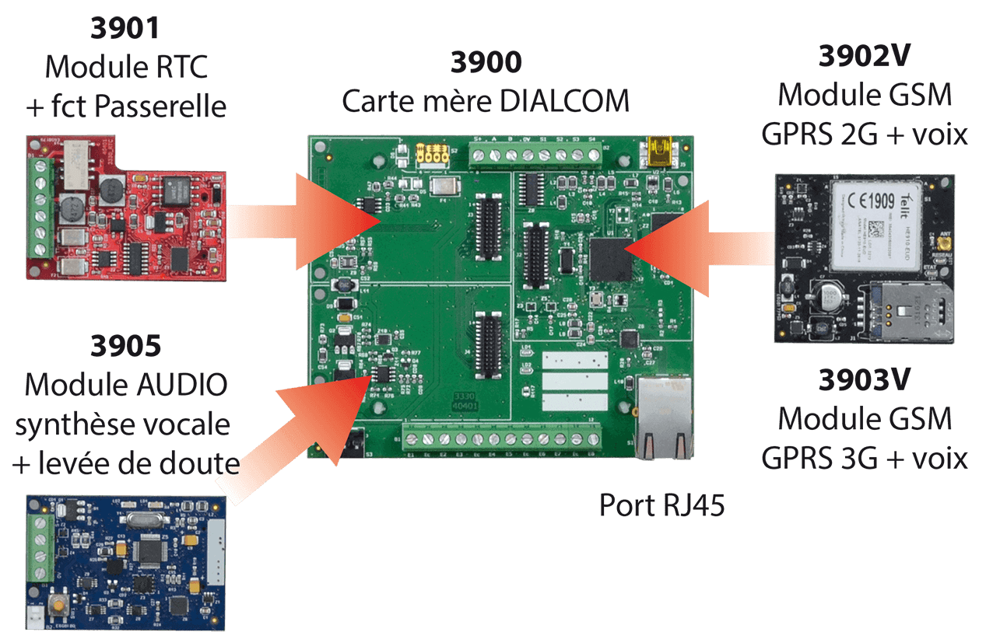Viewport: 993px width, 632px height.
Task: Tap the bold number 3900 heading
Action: tap(486, 63)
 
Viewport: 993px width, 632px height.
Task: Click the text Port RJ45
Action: tap(661, 506)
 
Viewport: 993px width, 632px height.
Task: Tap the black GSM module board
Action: tap(863, 258)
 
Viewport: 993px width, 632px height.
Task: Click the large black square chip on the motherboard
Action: tap(612, 260)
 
